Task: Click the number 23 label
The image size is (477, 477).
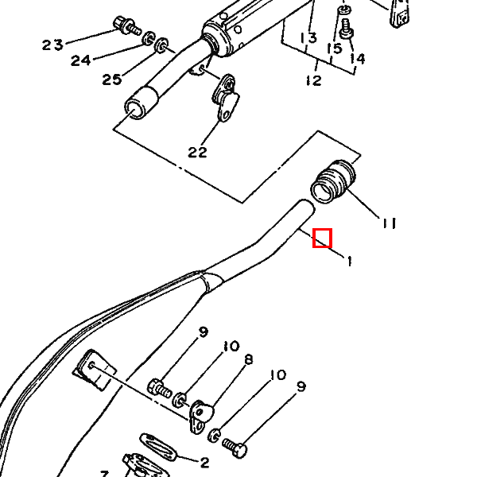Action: pyautogui.click(x=52, y=45)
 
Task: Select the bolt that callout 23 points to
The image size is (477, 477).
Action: pyautogui.click(x=127, y=26)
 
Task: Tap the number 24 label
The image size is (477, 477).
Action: pyautogui.click(x=80, y=60)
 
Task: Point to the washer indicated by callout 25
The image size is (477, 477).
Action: pyautogui.click(x=161, y=45)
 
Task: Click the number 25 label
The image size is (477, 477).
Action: pyautogui.click(x=112, y=79)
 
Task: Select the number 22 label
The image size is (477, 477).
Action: pyautogui.click(x=197, y=152)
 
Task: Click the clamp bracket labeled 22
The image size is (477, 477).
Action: pyautogui.click(x=226, y=98)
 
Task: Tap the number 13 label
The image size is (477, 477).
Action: pyautogui.click(x=308, y=38)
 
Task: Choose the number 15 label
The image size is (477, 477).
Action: pyautogui.click(x=335, y=48)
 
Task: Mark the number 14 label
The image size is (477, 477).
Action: pyautogui.click(x=357, y=58)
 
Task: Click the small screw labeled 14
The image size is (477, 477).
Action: pyautogui.click(x=346, y=29)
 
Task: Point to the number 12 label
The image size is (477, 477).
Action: pyautogui.click(x=314, y=80)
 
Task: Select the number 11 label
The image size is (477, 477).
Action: pyautogui.click(x=390, y=223)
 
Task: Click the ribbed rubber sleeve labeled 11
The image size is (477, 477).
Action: pyautogui.click(x=333, y=181)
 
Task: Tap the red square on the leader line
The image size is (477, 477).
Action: pyautogui.click(x=322, y=238)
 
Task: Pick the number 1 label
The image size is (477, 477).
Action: pyautogui.click(x=350, y=262)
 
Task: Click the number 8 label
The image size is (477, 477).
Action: pyautogui.click(x=249, y=359)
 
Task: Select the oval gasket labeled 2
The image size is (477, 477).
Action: pyautogui.click(x=158, y=446)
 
